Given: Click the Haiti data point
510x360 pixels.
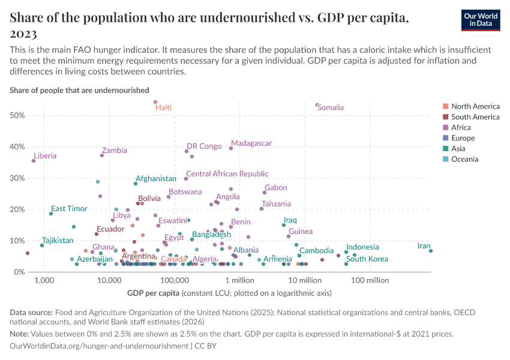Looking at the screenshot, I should pyautogui.click(x=155, y=102).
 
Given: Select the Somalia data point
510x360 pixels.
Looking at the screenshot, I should pyautogui.click(x=317, y=105).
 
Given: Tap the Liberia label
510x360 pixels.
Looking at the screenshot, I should pyautogui.click(x=45, y=156).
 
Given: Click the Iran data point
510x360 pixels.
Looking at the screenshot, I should pyautogui.click(x=431, y=250).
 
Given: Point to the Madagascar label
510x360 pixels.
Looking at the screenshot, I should pyautogui.click(x=251, y=143).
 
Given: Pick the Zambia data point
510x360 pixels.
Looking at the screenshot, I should pyautogui.click(x=102, y=155).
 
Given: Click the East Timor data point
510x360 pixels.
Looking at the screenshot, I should pyautogui.click(x=51, y=214).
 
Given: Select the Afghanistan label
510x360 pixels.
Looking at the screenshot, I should pyautogui.click(x=156, y=179).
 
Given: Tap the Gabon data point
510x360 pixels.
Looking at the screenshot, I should pyautogui.click(x=265, y=193).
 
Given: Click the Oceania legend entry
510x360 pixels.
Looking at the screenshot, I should pyautogui.click(x=464, y=160).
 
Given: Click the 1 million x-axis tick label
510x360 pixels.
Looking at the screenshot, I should pyautogui.click(x=240, y=280).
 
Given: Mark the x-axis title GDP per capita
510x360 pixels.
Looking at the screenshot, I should pyautogui.click(x=153, y=293).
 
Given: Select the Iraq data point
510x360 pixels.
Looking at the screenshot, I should pyautogui.click(x=284, y=225).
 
